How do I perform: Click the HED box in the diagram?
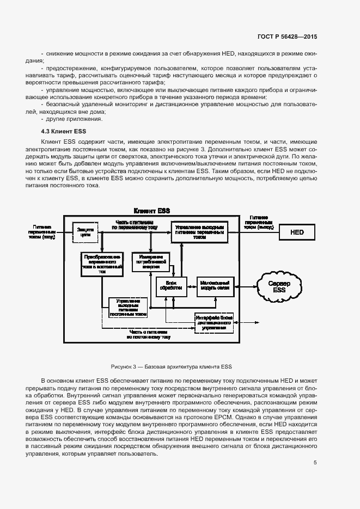pos(297,232)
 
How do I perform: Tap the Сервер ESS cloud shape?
pos(279,286)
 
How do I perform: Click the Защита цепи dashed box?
pos(86,232)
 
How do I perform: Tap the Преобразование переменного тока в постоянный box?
pos(101,263)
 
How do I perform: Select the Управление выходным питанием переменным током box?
pos(200,231)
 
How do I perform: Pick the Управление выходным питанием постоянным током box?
pos(128,308)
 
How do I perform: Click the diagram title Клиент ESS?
pos(152,211)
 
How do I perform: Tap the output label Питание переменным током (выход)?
pos(259,223)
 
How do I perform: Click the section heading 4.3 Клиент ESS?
pos(64,131)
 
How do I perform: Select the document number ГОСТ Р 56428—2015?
pos(286,36)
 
